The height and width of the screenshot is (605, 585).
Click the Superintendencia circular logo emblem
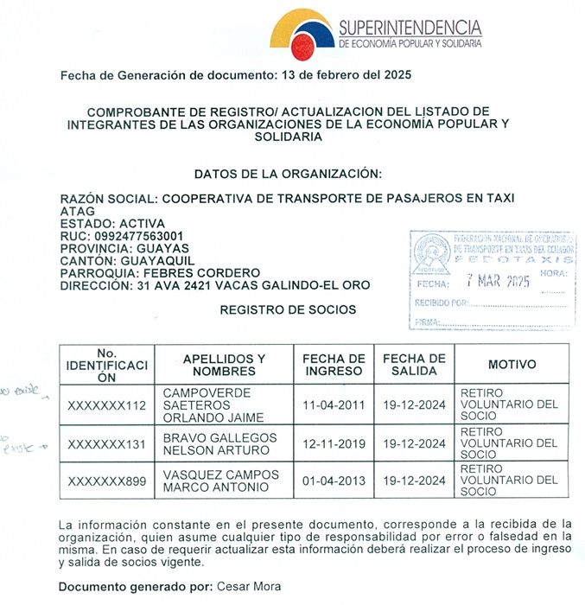click(x=302, y=34)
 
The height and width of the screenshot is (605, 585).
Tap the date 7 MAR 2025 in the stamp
click(x=498, y=281)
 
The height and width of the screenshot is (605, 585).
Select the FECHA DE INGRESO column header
click(x=334, y=365)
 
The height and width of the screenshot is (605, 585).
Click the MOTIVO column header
click(x=512, y=365)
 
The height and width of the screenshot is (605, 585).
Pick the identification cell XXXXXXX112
click(x=107, y=406)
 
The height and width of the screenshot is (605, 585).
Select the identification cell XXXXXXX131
click(x=107, y=444)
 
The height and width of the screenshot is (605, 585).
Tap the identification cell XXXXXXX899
click(x=107, y=481)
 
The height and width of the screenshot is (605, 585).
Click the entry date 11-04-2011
click(x=334, y=406)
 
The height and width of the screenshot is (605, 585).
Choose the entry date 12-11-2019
click(x=334, y=444)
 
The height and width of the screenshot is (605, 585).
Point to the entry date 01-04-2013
click(x=334, y=481)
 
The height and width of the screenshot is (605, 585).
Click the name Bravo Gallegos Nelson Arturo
click(x=220, y=444)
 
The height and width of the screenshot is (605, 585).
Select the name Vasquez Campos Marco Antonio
click(x=221, y=481)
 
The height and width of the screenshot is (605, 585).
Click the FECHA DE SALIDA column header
click(x=414, y=365)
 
